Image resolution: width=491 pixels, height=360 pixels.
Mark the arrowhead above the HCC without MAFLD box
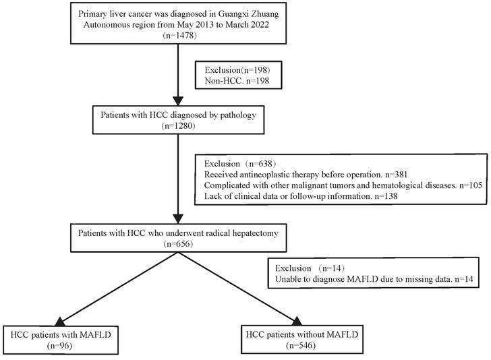(x=297, y=320)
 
